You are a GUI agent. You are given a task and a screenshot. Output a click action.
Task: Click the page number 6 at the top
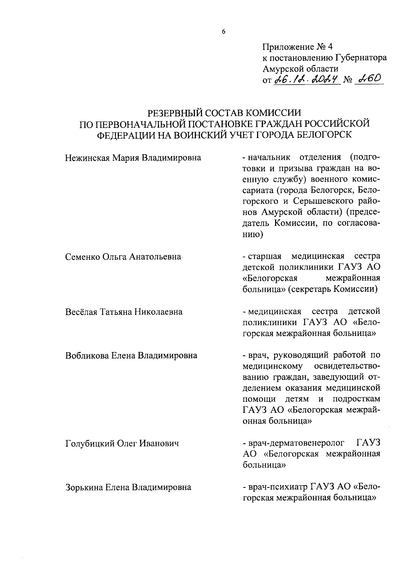pos(223,32)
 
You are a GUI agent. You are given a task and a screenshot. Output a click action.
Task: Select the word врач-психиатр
pos(278,487)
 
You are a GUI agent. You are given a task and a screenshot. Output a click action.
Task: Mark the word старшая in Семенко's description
pos(266,256)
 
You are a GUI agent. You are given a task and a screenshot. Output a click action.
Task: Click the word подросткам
pos(357,399)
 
